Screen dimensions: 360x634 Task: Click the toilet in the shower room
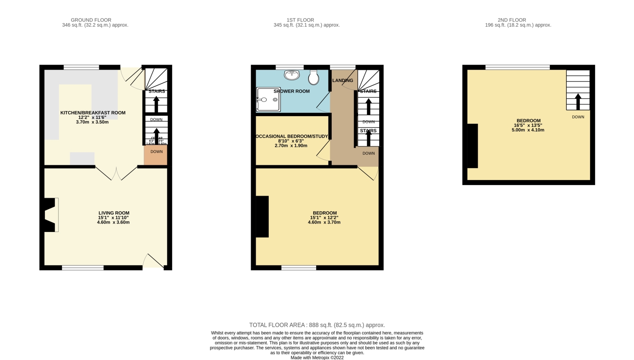pyautogui.click(x=314, y=77)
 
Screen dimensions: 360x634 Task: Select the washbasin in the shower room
pyautogui.click(x=292, y=75)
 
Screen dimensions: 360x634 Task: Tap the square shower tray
pyautogui.click(x=268, y=100)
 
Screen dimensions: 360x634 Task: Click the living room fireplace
pyautogui.click(x=50, y=215)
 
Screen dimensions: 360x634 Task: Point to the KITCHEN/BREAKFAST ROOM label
pyautogui.click(x=93, y=113)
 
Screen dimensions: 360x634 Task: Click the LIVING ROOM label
pyautogui.click(x=114, y=213)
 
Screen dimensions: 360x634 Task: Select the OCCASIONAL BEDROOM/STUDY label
pyautogui.click(x=292, y=136)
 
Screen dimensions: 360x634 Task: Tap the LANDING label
pyautogui.click(x=342, y=80)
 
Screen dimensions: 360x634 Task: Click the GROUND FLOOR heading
pyautogui.click(x=91, y=20)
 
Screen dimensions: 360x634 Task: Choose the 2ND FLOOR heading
pyautogui.click(x=511, y=20)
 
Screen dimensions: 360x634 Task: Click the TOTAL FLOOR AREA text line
pyautogui.click(x=317, y=325)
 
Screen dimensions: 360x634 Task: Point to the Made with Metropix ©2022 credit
pyautogui.click(x=317, y=357)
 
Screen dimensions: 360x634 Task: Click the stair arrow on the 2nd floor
pyautogui.click(x=578, y=101)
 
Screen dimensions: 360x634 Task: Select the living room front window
pyautogui.click(x=83, y=267)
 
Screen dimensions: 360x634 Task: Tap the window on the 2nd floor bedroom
pyautogui.click(x=517, y=67)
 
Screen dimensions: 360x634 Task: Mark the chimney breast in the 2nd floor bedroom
pyautogui.click(x=473, y=146)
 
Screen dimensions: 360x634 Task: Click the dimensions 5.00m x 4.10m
pyautogui.click(x=528, y=130)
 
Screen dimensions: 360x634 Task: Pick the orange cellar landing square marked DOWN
pyautogui.click(x=156, y=155)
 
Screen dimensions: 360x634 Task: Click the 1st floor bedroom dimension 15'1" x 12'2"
pyautogui.click(x=324, y=218)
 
